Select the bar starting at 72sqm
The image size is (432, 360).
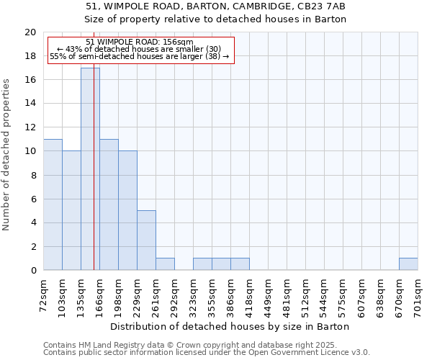53,204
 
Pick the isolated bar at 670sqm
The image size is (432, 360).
408,264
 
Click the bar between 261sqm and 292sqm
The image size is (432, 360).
165,264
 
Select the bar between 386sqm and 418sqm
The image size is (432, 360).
240,264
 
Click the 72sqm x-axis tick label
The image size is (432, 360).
43,294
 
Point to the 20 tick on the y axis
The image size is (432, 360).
30,32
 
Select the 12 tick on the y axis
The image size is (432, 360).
30,127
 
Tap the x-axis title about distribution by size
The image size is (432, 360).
230,326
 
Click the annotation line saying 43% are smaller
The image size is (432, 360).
140,48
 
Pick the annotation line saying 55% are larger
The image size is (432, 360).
140,56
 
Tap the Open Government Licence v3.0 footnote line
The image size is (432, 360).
207,353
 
